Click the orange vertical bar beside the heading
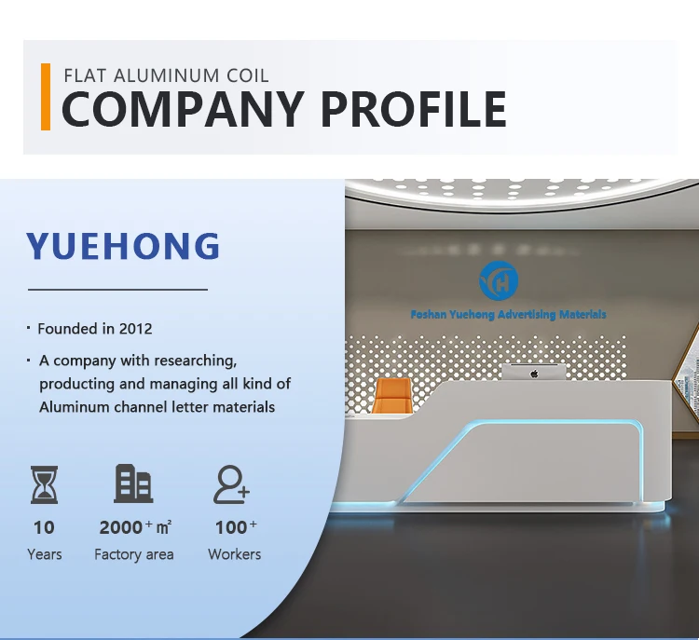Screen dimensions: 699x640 (x=46, y=96)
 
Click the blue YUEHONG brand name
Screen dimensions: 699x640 (x=123, y=247)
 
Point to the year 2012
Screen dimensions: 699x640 (x=135, y=329)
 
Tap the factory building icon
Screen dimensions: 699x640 (x=133, y=484)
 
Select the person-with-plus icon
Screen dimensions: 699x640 (x=231, y=484)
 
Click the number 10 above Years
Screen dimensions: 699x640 (x=44, y=527)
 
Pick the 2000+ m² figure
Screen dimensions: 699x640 (x=134, y=527)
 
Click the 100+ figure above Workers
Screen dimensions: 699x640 (x=235, y=527)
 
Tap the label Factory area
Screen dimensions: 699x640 (x=133, y=554)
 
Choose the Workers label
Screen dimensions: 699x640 (x=234, y=554)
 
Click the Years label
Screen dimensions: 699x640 (x=44, y=554)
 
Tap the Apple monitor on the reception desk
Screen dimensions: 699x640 (x=534, y=372)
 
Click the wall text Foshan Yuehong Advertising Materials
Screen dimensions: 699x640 (x=508, y=315)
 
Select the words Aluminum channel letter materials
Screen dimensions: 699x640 (x=157, y=406)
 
